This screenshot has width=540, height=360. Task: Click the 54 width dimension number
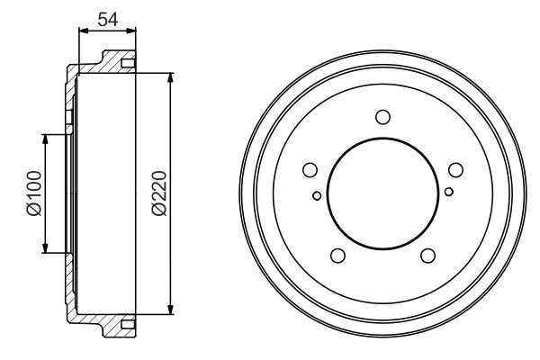[x=108, y=19]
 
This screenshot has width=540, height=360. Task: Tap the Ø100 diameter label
[x=34, y=193]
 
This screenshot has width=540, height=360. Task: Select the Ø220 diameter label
[x=159, y=193]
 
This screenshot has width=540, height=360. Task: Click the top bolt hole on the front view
[x=382, y=117]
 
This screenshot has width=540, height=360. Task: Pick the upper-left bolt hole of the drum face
[x=310, y=170]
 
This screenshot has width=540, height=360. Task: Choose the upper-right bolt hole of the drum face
[x=455, y=170]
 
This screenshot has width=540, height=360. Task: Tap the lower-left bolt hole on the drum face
[x=337, y=256]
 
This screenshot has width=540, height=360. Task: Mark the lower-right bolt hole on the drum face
[x=427, y=256]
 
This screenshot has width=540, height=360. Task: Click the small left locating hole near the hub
[x=317, y=196]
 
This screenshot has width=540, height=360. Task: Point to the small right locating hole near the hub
[x=449, y=192]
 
